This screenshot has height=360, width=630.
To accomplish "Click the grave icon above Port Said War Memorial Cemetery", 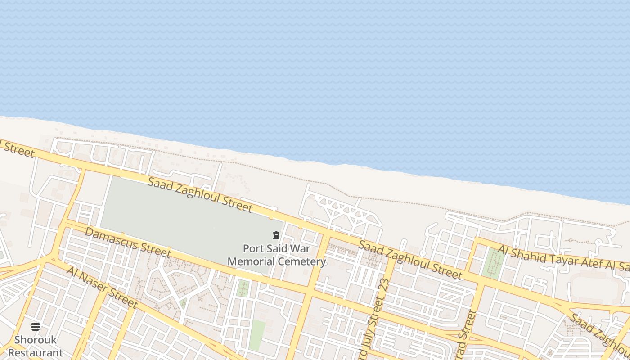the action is point(276,235).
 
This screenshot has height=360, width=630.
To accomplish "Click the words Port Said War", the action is point(276,248).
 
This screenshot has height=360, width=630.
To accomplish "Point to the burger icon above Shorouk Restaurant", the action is point(36,326).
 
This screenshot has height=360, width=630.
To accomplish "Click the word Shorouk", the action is point(36,340).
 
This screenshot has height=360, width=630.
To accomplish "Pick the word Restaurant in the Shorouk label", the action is point(36,352).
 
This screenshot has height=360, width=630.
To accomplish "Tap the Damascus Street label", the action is point(128,243).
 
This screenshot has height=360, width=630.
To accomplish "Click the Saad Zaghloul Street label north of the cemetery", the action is point(200,195).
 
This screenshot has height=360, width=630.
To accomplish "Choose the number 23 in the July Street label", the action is point(384,288).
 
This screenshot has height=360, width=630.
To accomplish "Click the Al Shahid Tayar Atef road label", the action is point(562,260).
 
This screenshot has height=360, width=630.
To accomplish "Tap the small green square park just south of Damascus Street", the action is point(243,288).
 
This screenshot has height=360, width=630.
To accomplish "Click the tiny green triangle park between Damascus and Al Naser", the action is point(183,303).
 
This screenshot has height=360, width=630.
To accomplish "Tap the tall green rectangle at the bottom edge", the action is point(257,335).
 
